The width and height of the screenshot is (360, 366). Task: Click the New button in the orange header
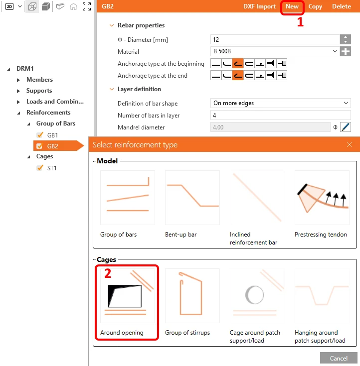click(x=292, y=6)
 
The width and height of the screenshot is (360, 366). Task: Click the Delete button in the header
click(x=341, y=6)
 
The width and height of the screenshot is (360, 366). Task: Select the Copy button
click(x=315, y=6)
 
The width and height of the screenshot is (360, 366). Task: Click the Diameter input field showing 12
click(x=275, y=39)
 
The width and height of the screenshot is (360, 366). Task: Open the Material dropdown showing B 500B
click(x=275, y=51)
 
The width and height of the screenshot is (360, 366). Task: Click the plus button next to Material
click(x=346, y=51)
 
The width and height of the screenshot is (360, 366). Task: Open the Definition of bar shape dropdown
click(x=281, y=103)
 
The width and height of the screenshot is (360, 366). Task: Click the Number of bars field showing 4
click(x=281, y=116)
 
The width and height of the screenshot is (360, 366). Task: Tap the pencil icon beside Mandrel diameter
click(x=346, y=127)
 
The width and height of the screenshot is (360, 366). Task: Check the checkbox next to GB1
click(x=40, y=135)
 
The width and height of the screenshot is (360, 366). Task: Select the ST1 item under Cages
click(x=52, y=168)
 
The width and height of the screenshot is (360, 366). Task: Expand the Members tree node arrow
click(x=18, y=80)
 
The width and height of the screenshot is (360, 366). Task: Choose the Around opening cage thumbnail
click(x=128, y=296)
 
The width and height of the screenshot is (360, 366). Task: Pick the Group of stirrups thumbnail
click(x=192, y=296)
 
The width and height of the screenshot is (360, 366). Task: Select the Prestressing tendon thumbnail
click(x=322, y=198)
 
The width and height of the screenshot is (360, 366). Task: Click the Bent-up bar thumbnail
click(x=192, y=198)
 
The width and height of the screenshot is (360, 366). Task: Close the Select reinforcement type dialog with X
click(x=349, y=144)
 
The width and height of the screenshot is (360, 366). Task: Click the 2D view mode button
click(x=9, y=6)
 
